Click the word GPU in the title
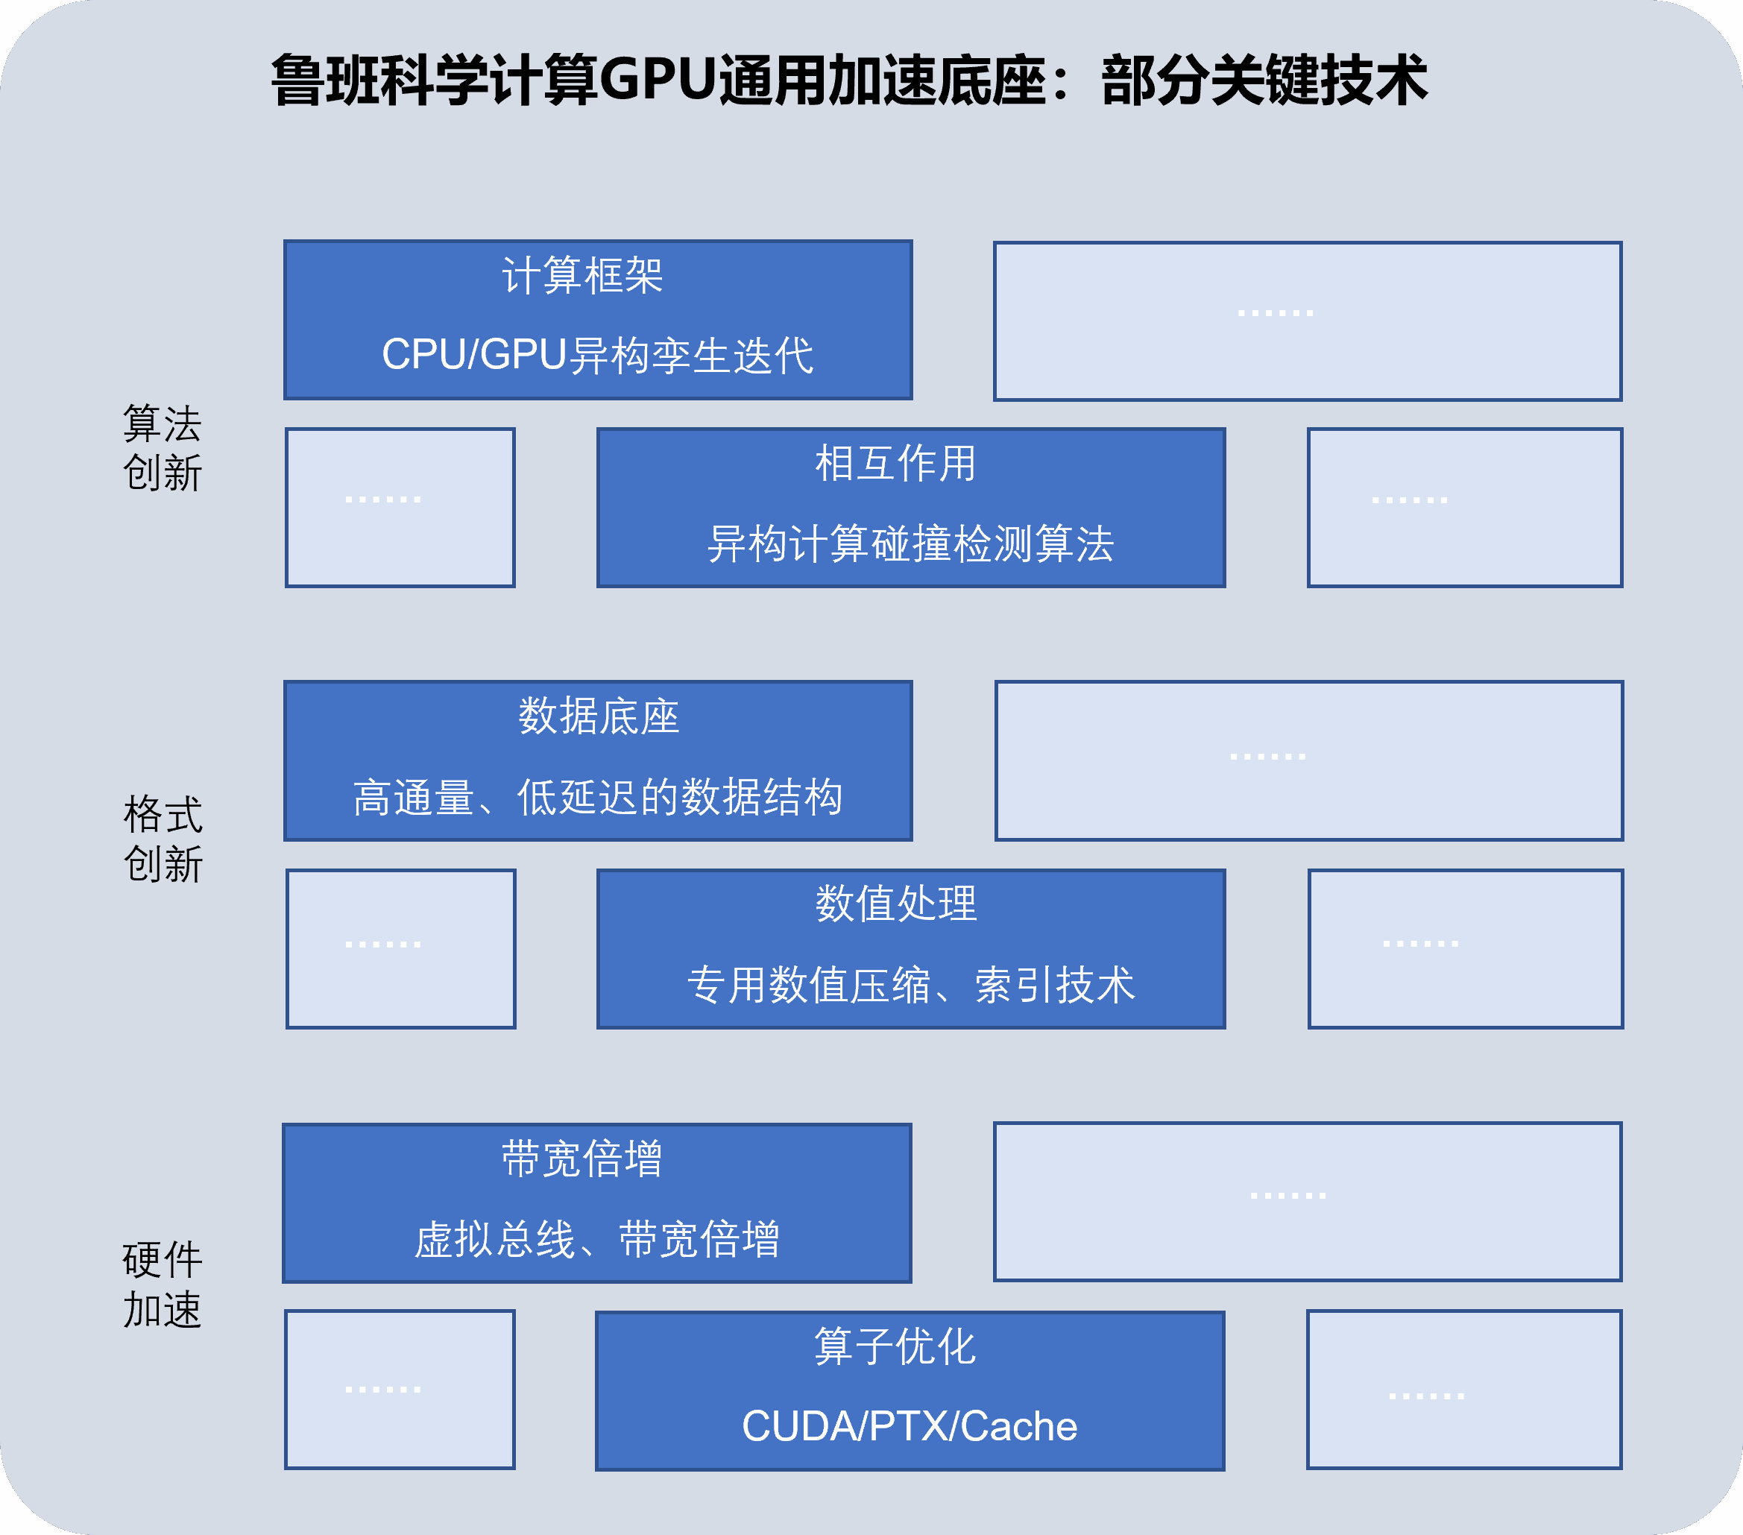pyautogui.click(x=658, y=81)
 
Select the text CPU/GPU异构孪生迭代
pyautogui.click(x=597, y=355)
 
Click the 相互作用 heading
pyautogui.click(x=895, y=464)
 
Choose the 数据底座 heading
pyautogui.click(x=599, y=716)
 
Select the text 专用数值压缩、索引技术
pyautogui.click(x=911, y=985)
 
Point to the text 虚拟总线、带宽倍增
pyautogui.click(x=597, y=1240)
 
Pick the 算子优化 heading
pyautogui.click(x=895, y=1347)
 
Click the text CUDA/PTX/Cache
pyautogui.click(x=909, y=1427)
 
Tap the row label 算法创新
pyautogui.click(x=162, y=449)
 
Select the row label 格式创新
pyautogui.click(x=163, y=840)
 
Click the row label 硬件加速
pyautogui.click(x=162, y=1285)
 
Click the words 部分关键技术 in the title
pyautogui.click(x=1264, y=81)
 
